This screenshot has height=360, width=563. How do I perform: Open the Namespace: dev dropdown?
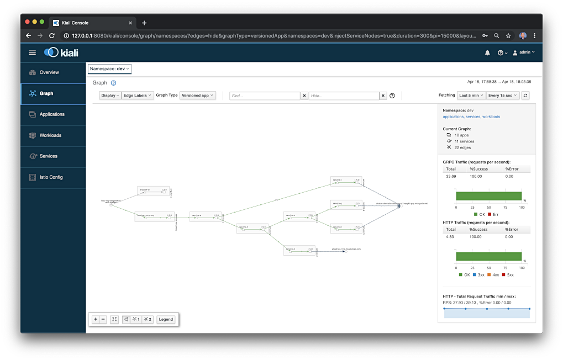[x=109, y=69]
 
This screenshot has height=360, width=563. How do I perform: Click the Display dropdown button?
[x=109, y=96]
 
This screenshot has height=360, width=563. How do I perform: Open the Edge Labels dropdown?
[x=138, y=96]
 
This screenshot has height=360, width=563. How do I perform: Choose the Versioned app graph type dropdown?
[x=197, y=96]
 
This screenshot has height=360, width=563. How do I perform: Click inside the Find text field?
[x=265, y=96]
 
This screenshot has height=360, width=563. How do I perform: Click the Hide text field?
[x=343, y=96]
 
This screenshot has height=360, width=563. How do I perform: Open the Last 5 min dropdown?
[x=471, y=96]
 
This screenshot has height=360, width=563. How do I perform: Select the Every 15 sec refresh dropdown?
[x=503, y=96]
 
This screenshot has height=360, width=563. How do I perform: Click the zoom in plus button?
[x=96, y=319]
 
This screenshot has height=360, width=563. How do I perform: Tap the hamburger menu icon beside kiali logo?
[x=32, y=52]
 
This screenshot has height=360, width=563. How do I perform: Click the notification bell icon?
[x=487, y=53]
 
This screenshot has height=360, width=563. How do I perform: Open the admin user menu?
[x=523, y=52]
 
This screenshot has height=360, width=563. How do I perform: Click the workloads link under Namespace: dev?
[x=491, y=117]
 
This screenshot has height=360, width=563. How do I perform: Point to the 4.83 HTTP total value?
[x=450, y=237]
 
